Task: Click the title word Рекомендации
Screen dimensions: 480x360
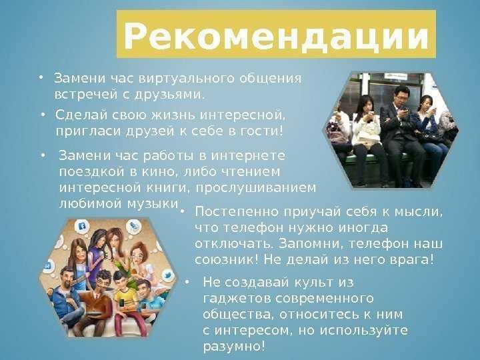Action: [276, 35]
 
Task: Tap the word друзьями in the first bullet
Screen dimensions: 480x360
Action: [168, 95]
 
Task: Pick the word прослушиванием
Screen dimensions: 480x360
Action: [255, 188]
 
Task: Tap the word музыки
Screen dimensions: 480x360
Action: [153, 204]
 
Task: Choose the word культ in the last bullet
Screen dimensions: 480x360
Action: [313, 282]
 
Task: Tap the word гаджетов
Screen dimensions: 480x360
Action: [237, 299]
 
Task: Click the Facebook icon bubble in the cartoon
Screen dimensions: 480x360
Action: [82, 227]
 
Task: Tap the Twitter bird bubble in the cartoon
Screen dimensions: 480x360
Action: [167, 275]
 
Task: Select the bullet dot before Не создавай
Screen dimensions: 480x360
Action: [187, 282]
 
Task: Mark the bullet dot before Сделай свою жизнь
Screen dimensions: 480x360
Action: [43, 115]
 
